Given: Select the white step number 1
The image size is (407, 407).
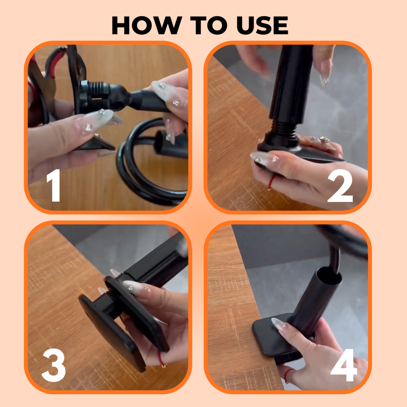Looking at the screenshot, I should (54, 186).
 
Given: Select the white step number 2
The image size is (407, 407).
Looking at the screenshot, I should (340, 186).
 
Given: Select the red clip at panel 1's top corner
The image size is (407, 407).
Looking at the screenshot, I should (56, 60).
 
